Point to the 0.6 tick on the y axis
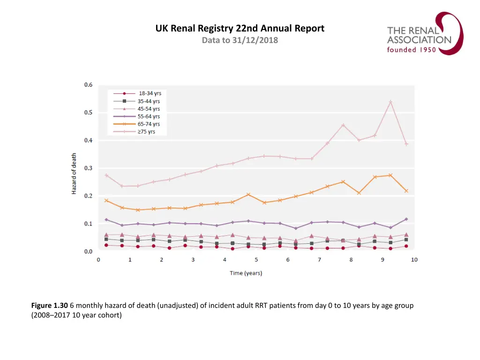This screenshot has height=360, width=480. pyautogui.click(x=88, y=85)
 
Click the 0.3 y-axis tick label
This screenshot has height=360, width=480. pyautogui.click(x=88, y=168)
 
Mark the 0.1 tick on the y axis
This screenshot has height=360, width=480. pyautogui.click(x=88, y=224)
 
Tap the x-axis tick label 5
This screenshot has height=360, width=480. pyautogui.click(x=256, y=260)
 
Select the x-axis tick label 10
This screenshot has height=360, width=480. pyautogui.click(x=414, y=260)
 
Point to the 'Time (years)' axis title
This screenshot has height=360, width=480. pyautogui.click(x=246, y=273)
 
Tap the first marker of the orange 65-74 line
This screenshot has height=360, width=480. pyautogui.click(x=106, y=201)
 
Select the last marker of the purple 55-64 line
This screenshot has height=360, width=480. pyautogui.click(x=406, y=219)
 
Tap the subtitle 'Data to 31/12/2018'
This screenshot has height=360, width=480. pyautogui.click(x=240, y=40)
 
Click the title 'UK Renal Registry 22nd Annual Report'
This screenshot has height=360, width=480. pyautogui.click(x=240, y=29)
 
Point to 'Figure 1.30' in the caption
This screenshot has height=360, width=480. pyautogui.click(x=50, y=306)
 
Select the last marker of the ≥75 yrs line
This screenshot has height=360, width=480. pyautogui.click(x=406, y=144)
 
